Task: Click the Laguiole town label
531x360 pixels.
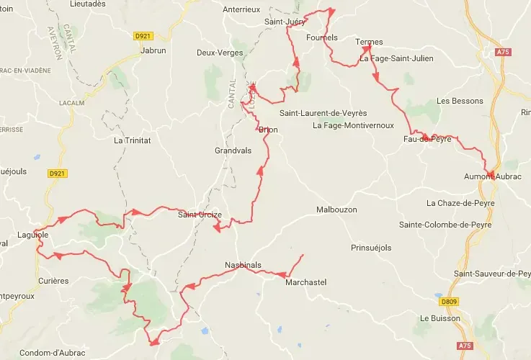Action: point(32,235)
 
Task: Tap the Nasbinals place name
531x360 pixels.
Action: point(243,264)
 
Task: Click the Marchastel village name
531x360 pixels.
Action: point(305,282)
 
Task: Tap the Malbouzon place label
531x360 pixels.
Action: point(336,210)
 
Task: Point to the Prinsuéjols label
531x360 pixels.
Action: point(370,248)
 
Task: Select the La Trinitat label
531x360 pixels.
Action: point(133,140)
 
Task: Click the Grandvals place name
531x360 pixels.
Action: point(233,151)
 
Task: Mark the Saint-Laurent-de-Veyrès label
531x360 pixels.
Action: point(323,113)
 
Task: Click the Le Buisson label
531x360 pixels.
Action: point(438,318)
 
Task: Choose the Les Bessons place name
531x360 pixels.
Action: point(460,101)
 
